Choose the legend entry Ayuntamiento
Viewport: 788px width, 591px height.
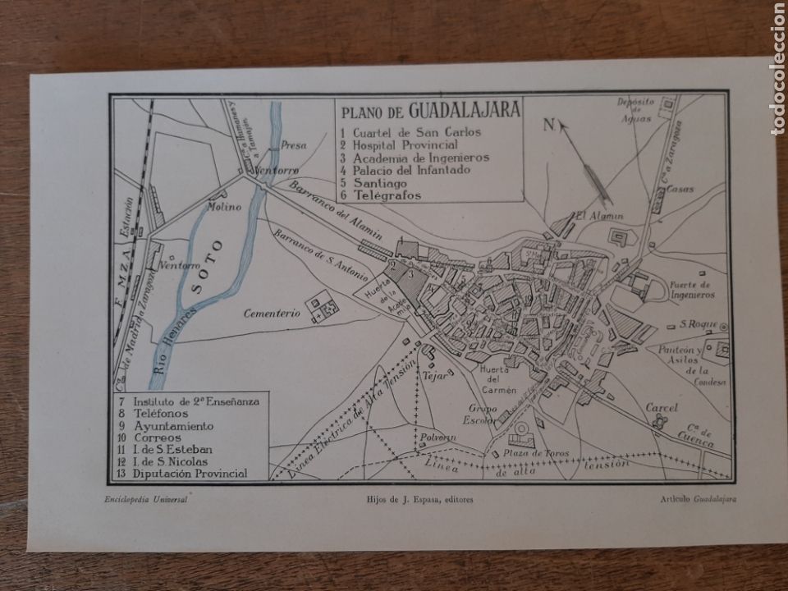click(x=173, y=426)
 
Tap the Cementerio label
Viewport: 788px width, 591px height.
click(x=269, y=313)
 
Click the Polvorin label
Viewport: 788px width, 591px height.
click(x=437, y=438)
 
